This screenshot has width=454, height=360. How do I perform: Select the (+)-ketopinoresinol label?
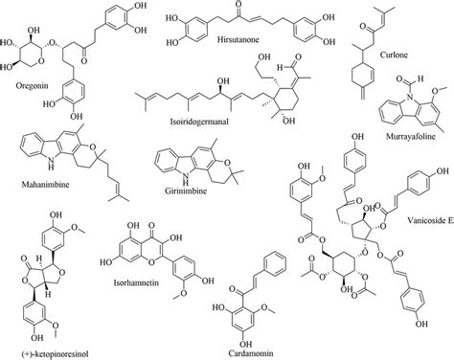[47, 352]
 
